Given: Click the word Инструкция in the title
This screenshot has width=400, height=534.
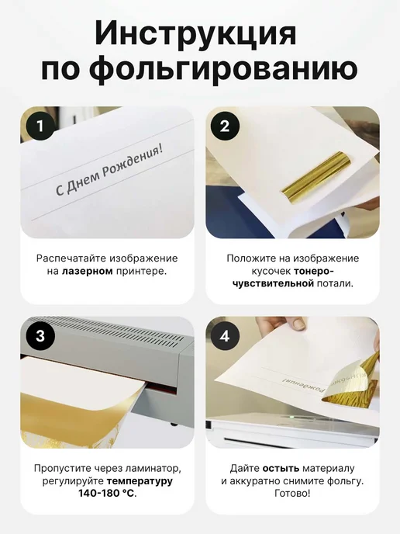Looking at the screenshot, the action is [195, 33].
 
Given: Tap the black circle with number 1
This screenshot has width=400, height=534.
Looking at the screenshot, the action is [40, 126].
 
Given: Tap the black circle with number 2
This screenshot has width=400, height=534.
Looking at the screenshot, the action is [225, 127].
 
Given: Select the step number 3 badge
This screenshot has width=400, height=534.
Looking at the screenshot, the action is [40, 336].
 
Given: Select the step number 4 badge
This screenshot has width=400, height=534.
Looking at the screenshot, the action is [225, 336].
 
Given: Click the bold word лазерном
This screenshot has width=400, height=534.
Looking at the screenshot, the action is [88, 272].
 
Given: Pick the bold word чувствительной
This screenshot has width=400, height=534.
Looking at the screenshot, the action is [273, 283].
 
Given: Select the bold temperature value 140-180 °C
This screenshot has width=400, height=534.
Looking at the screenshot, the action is [108, 493].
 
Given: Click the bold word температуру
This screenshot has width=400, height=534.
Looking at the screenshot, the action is [140, 481].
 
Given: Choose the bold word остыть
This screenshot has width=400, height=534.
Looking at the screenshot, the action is [281, 469].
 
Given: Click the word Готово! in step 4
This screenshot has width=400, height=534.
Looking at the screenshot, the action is [292, 493].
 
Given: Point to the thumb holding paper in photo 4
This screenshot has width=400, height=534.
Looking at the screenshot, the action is [296, 323].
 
